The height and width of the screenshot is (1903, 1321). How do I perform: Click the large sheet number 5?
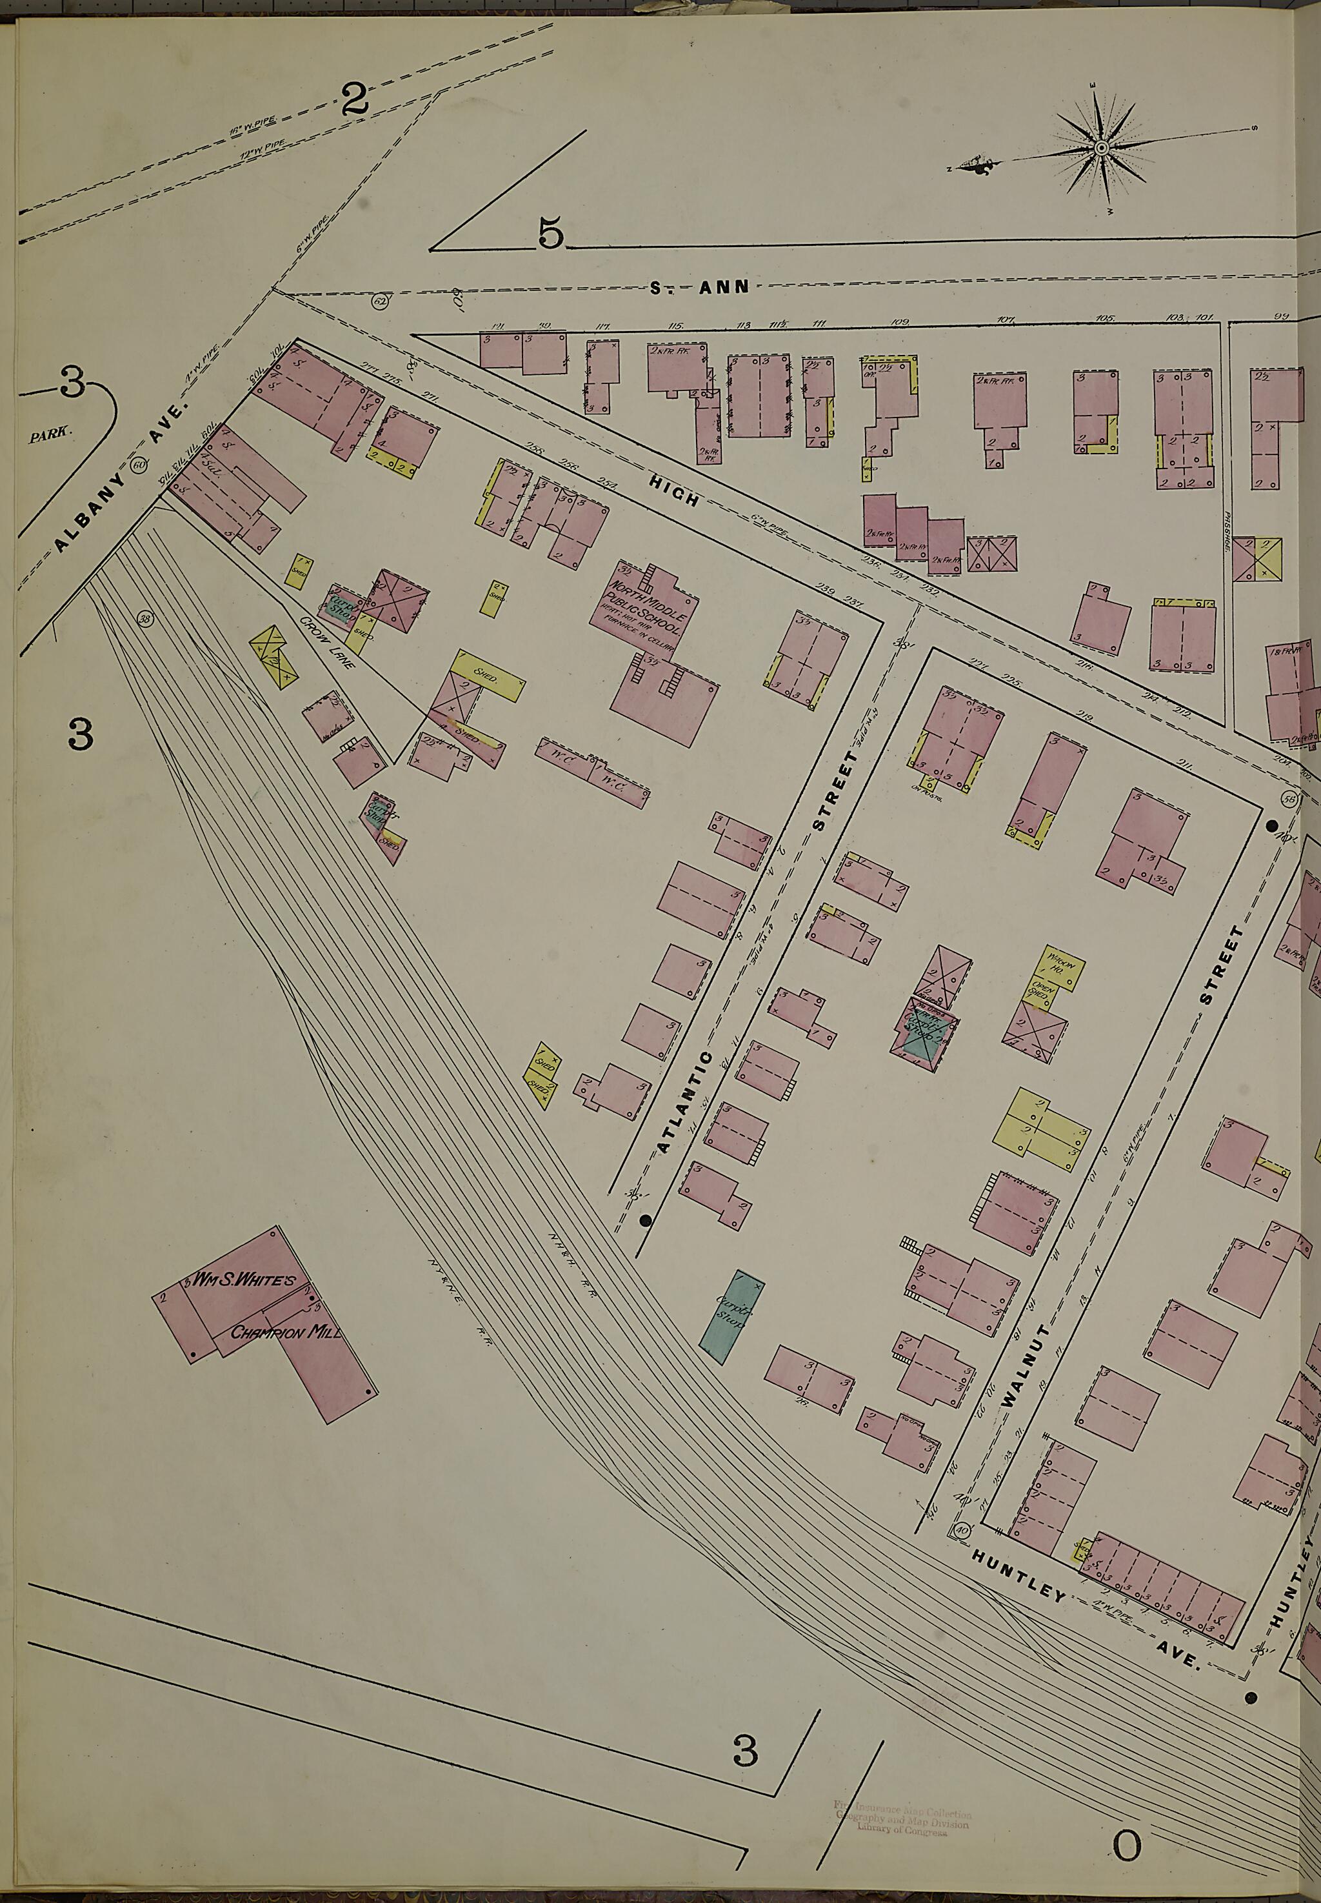(x=550, y=233)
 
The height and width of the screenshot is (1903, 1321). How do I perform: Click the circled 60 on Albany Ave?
(x=139, y=464)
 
